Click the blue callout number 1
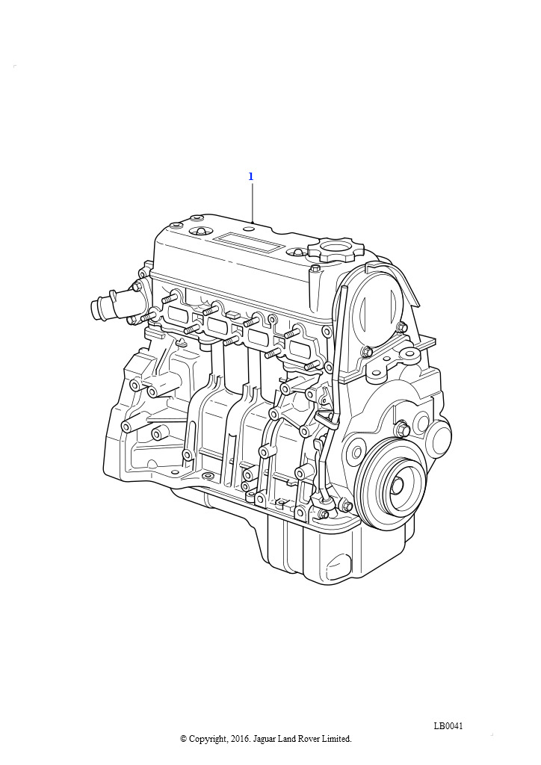(x=251, y=177)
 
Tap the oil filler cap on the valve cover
(x=336, y=248)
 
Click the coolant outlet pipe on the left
(x=105, y=307)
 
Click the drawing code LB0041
(x=448, y=726)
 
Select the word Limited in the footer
(x=335, y=739)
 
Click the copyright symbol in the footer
(x=184, y=739)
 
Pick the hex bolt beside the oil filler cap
(x=315, y=267)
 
